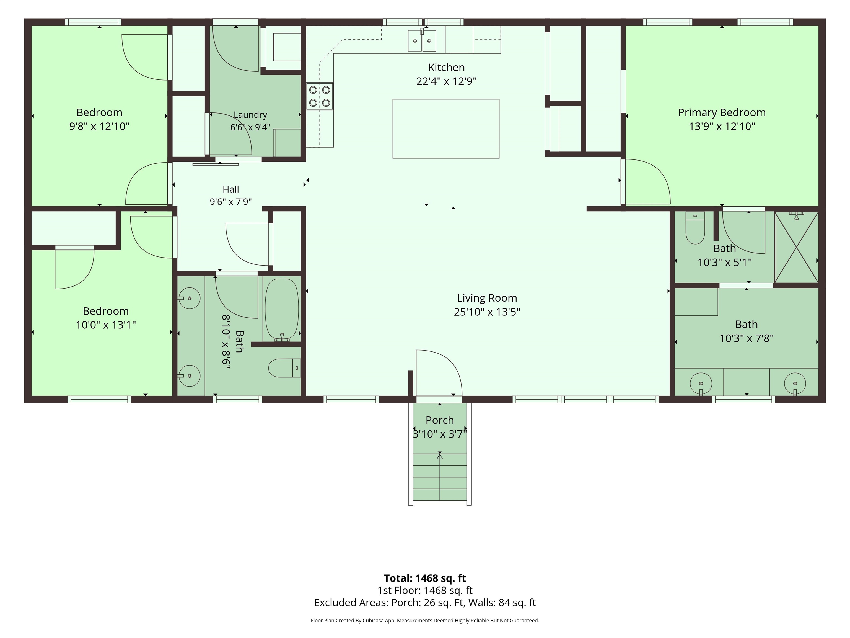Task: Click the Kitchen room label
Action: [x=446, y=67]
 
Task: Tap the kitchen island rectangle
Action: [x=446, y=128]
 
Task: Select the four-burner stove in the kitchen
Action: [x=320, y=96]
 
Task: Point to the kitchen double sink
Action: [x=422, y=40]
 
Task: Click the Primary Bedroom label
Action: [x=722, y=112]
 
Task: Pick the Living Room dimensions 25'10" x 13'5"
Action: [x=487, y=312]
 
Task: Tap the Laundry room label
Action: [x=250, y=115]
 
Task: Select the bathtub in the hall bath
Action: [x=282, y=310]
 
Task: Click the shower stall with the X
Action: [x=797, y=247]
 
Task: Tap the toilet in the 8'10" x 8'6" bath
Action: [x=284, y=368]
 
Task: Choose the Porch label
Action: [x=440, y=420]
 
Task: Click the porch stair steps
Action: [x=440, y=477]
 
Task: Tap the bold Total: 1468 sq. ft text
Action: [x=425, y=578]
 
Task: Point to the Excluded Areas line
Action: [x=425, y=602]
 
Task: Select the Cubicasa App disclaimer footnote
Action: [x=425, y=620]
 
